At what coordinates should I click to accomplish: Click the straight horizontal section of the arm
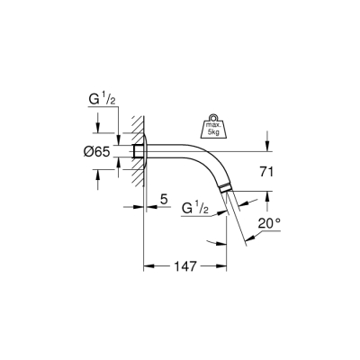(175, 151)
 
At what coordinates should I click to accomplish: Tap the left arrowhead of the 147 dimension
(148, 267)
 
